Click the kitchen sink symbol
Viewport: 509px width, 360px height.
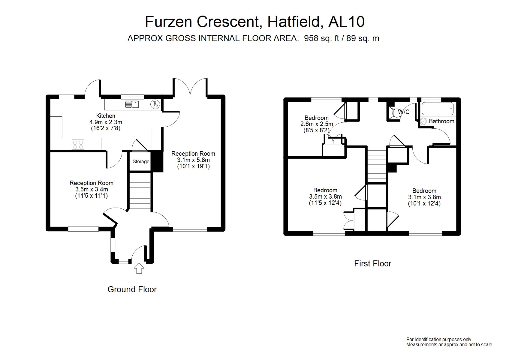(131, 104)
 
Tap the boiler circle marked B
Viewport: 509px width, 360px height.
(155, 104)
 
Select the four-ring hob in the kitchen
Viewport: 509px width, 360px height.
(78, 144)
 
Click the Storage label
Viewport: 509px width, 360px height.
(141, 162)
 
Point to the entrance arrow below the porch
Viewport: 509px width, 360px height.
(139, 268)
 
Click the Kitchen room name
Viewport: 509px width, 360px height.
(106, 116)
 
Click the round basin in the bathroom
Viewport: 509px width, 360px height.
(423, 121)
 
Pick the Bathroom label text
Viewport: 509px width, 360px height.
(441, 121)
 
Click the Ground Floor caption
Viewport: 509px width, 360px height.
(132, 289)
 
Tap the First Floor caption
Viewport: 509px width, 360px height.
(373, 263)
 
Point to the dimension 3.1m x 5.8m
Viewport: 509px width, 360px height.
(193, 160)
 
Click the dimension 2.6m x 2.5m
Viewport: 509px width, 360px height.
(317, 124)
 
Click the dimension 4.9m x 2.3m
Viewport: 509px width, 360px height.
(106, 122)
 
